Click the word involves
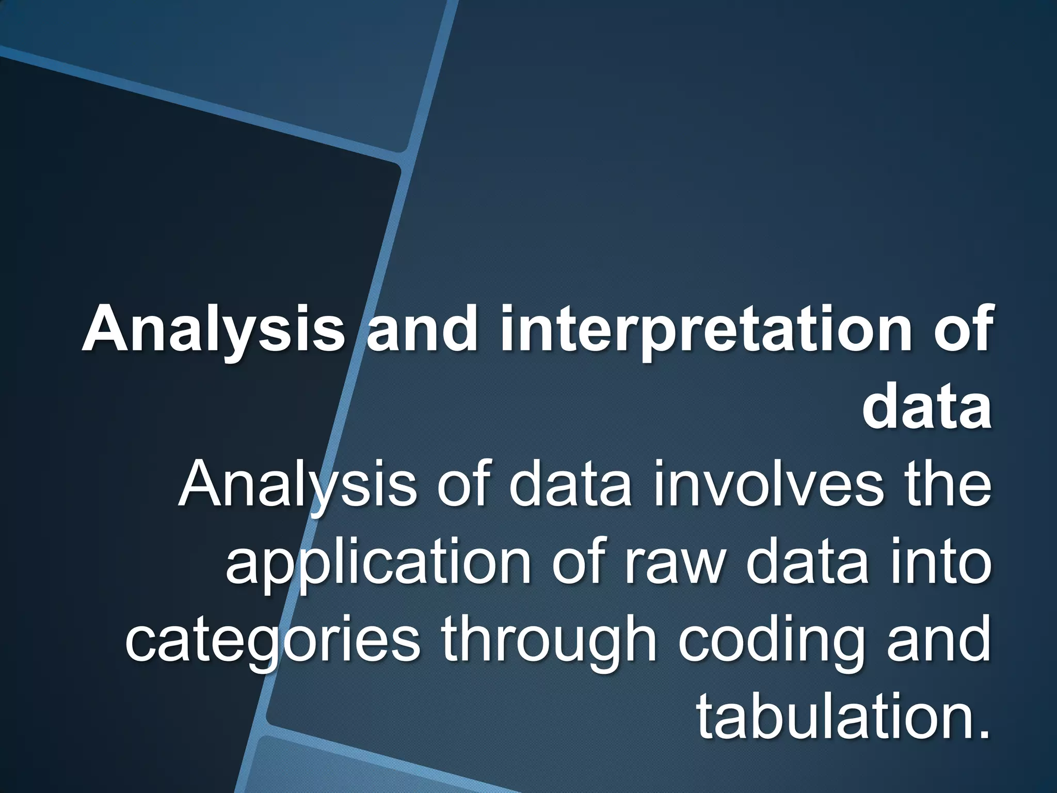click(x=770, y=485)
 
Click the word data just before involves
click(x=570, y=485)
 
